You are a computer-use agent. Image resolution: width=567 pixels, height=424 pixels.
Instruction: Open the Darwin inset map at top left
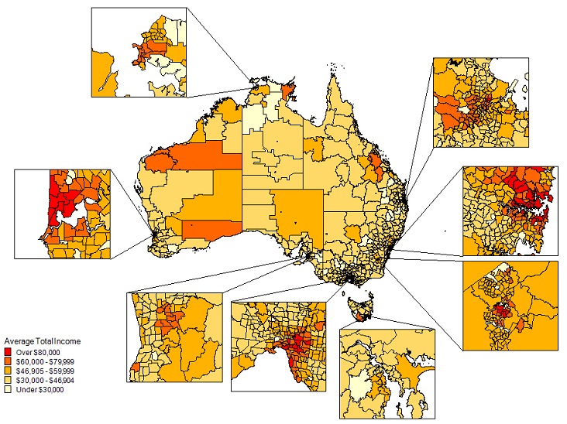coord(140,52)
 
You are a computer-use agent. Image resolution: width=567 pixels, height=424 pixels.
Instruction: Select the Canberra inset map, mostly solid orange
coord(510,306)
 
